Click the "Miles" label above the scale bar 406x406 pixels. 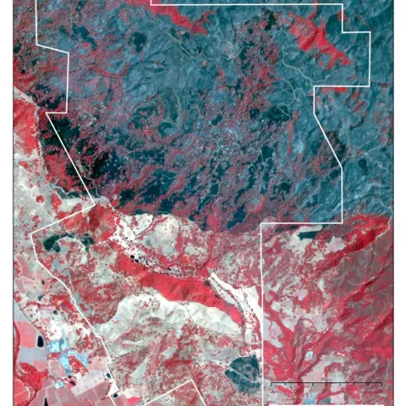pos(326,378)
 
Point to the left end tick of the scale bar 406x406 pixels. pos(271,385)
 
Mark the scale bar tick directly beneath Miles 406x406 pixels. pos(326,385)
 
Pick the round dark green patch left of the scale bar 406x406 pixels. pos(244,366)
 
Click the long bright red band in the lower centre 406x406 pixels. pos(190,288)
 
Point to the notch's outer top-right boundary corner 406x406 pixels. pos(370,32)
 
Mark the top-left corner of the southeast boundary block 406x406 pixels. pos(261,224)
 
